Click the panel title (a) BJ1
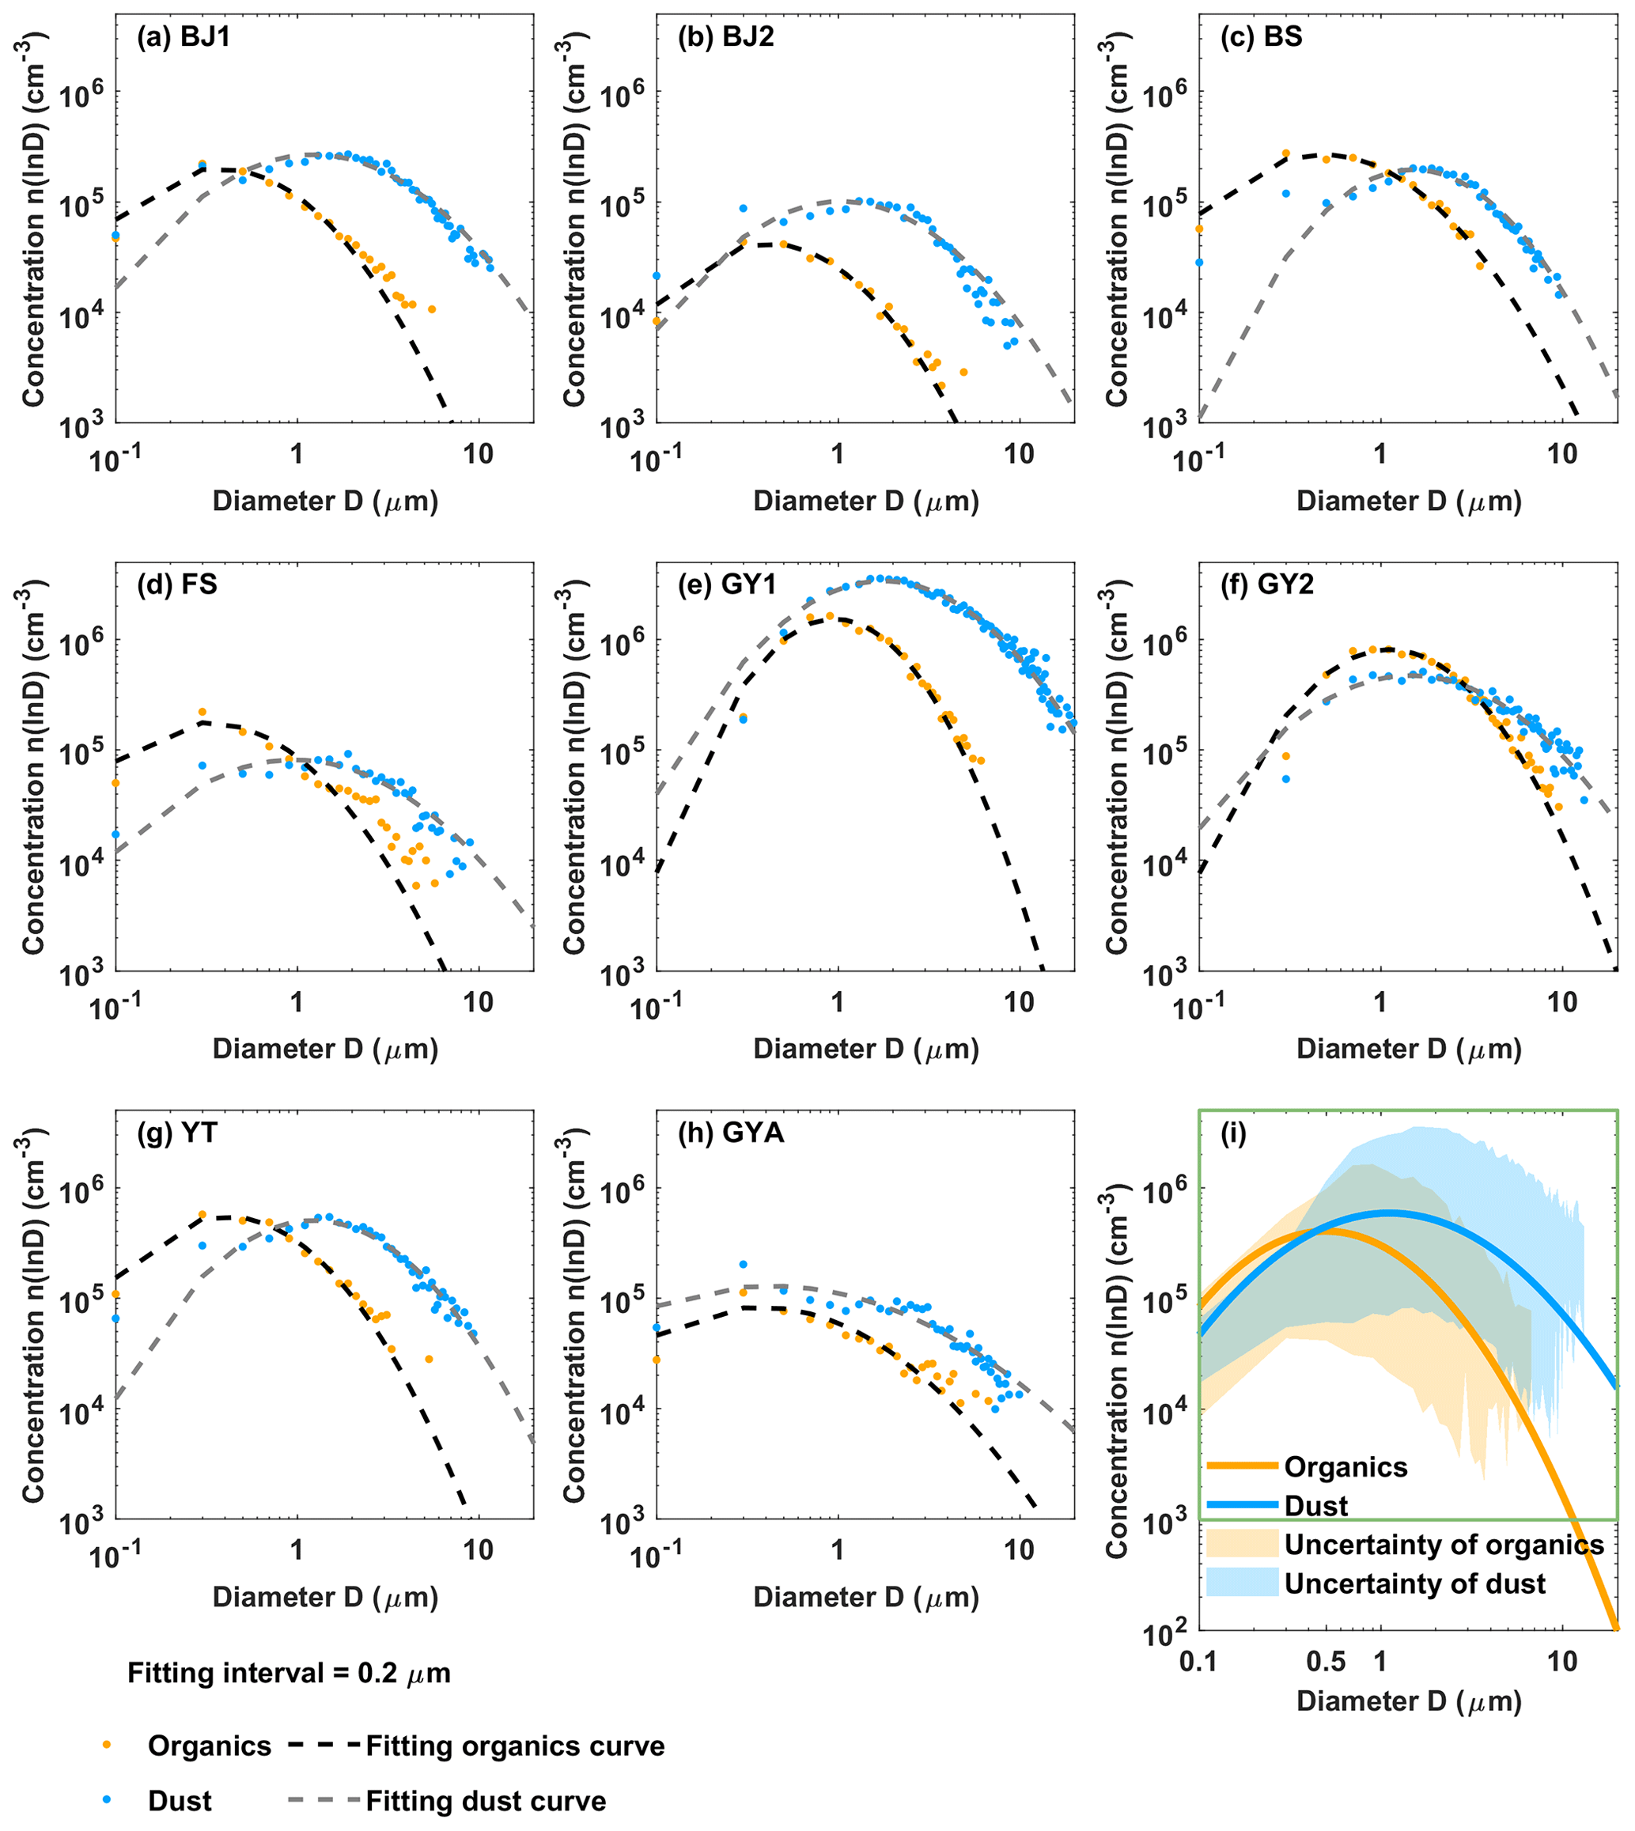click(x=183, y=37)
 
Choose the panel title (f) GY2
click(x=1266, y=584)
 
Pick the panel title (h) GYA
click(x=730, y=1133)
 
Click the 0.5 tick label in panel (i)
click(x=1326, y=1661)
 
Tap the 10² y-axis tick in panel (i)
click(x=1165, y=1631)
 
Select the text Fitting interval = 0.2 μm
click(x=289, y=1674)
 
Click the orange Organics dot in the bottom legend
click(x=107, y=1746)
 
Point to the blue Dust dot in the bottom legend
click(x=107, y=1800)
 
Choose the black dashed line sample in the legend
click(x=324, y=1746)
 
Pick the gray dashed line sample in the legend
click(x=324, y=1800)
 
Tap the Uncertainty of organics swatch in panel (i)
click(x=1242, y=1544)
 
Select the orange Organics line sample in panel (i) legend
click(x=1242, y=1466)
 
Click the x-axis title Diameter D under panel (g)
click(x=325, y=1597)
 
